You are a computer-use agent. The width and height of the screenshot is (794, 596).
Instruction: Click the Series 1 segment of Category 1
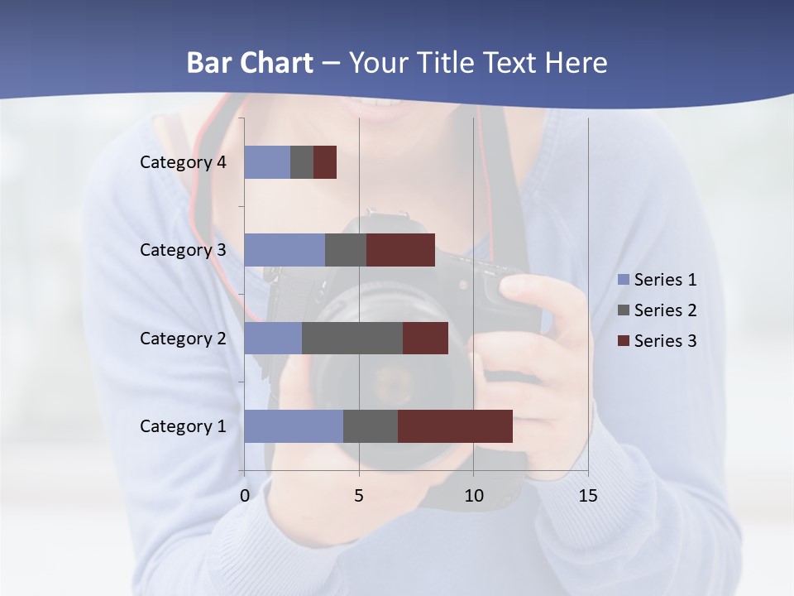tap(294, 426)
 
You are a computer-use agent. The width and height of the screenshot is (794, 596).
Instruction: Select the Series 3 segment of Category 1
tap(455, 426)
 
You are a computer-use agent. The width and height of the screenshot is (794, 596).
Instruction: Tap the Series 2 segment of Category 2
tap(352, 338)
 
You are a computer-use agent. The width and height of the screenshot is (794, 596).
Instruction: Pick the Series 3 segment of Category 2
tap(425, 338)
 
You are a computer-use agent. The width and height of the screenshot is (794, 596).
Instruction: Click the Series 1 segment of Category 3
tap(285, 250)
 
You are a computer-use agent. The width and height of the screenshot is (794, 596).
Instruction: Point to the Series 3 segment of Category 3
tap(400, 250)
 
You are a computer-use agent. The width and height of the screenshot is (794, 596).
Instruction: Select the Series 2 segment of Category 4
tap(302, 162)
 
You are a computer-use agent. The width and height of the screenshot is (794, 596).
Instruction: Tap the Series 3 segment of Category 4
tap(325, 162)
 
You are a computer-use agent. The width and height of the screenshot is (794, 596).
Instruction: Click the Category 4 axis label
tap(183, 162)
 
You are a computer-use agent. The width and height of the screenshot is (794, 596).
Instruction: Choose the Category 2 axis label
tap(183, 338)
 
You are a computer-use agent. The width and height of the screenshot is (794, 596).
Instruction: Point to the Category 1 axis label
tap(183, 426)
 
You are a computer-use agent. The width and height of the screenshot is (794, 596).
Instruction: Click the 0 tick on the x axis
tap(245, 496)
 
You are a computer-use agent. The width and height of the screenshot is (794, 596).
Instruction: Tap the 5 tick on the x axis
tap(359, 496)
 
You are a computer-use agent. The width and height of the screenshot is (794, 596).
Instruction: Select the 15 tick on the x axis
tap(587, 496)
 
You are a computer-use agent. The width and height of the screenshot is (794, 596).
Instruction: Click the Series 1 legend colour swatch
tap(623, 280)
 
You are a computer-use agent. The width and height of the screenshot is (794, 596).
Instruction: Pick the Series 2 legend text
tap(665, 310)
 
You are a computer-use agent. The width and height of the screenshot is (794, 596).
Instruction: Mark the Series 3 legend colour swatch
tap(623, 341)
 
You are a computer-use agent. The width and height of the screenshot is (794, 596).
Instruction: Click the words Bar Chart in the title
tap(250, 63)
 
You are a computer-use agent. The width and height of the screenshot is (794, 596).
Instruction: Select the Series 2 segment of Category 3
tap(346, 250)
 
